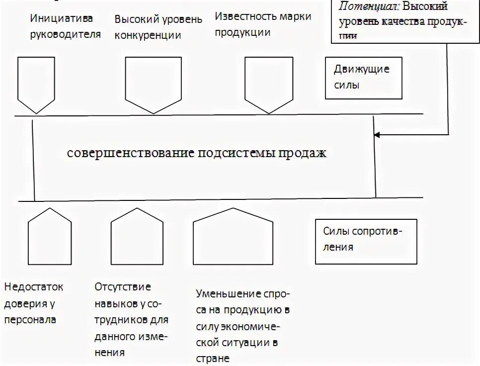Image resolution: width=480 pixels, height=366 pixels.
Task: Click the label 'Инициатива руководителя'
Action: click(65, 27)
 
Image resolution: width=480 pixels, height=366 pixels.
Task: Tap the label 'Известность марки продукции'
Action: click(263, 24)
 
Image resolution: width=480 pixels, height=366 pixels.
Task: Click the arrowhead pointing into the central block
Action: click(378, 134)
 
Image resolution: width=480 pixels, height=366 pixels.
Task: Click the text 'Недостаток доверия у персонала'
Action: click(34, 303)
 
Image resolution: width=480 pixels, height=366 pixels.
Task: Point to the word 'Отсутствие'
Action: click(123, 287)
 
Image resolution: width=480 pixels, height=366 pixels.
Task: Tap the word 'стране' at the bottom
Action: click(212, 358)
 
